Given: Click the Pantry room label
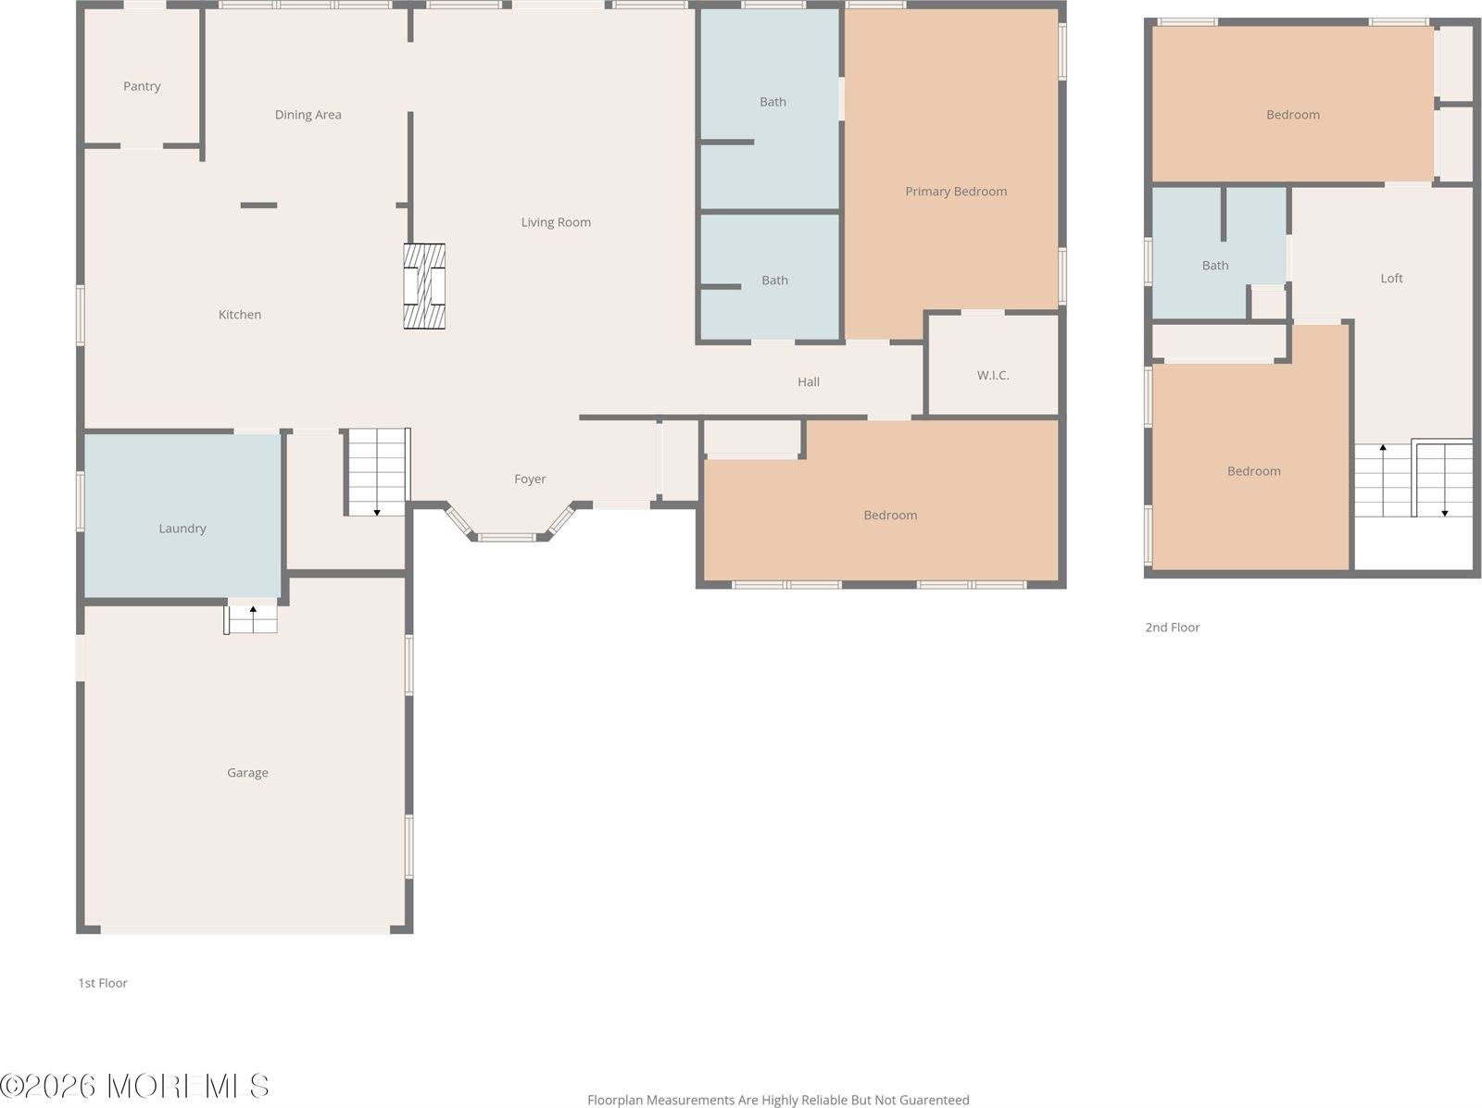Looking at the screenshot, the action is tap(142, 86).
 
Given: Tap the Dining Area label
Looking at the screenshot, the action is tap(308, 115).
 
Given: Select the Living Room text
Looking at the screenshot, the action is tap(556, 222).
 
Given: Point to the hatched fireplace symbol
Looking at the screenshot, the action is tap(424, 286).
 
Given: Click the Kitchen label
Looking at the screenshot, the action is tap(240, 315).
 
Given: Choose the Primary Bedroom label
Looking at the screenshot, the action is tap(956, 192).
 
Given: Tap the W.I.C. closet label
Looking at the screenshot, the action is tap(993, 375).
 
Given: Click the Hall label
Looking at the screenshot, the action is tap(809, 382).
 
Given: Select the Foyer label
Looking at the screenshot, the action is tap(530, 479).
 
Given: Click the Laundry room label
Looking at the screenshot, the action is tap(182, 529).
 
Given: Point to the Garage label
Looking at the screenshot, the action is tap(248, 773).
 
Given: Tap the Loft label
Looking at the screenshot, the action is tap(1391, 278).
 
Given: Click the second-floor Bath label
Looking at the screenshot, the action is tap(1215, 266).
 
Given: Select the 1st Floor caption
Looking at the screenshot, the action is tap(103, 983).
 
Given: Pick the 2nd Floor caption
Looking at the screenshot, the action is tap(1173, 628).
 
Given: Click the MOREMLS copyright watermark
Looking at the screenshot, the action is tap(134, 1087).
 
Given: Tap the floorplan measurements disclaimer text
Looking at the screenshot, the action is tap(778, 1101).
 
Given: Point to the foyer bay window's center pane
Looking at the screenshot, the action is tap(507, 538).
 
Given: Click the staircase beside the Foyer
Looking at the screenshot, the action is tap(377, 472).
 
